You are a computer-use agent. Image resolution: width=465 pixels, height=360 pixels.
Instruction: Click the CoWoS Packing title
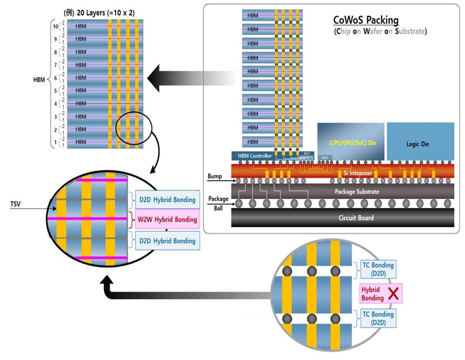[x=366, y=21]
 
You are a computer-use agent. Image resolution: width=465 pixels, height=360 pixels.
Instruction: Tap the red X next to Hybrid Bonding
[x=394, y=293]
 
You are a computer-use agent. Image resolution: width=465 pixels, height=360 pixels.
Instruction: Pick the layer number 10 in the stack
[x=54, y=26]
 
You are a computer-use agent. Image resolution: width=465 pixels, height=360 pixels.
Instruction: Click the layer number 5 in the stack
[x=55, y=90]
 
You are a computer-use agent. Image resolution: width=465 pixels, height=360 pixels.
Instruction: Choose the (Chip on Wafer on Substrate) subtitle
[x=380, y=32]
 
